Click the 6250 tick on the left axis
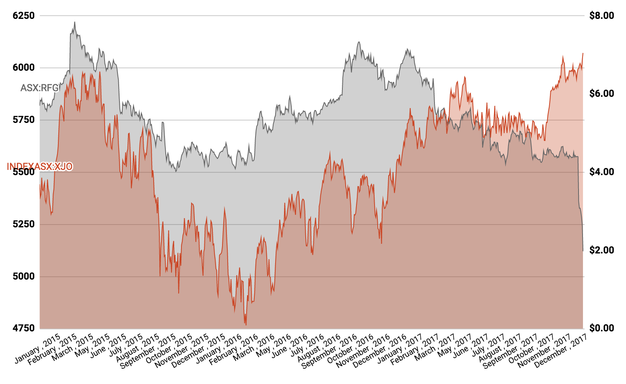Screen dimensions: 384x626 point(24,16)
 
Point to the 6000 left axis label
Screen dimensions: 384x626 point(24,67)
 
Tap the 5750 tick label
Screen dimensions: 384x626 point(24,120)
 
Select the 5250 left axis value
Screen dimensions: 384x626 point(24,224)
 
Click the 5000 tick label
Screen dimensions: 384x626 point(24,276)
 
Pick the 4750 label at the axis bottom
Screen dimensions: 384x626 point(24,328)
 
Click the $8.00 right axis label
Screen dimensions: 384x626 point(601,16)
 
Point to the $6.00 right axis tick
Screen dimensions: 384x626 point(601,94)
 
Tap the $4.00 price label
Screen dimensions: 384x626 point(601,172)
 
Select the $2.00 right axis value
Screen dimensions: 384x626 point(601,250)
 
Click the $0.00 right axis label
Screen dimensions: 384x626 point(601,328)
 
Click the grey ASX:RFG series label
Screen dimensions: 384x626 point(39,88)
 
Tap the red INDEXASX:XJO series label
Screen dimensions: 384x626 point(40,166)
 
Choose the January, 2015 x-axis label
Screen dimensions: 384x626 point(37,348)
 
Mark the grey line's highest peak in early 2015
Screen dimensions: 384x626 point(74,22)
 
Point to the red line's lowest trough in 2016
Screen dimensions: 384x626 point(245,325)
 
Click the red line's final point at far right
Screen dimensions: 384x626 point(583,53)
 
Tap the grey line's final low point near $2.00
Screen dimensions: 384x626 point(583,251)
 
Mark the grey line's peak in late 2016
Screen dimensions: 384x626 point(358,42)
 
